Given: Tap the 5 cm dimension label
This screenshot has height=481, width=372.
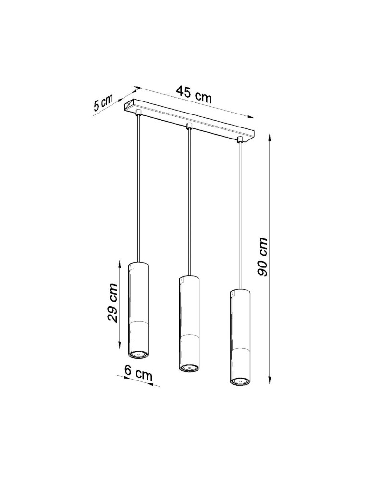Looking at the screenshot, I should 103,103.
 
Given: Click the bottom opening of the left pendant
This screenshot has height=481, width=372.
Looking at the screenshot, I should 138,354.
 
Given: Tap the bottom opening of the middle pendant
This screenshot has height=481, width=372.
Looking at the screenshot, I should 188,368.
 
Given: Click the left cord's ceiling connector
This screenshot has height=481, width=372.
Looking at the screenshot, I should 138,113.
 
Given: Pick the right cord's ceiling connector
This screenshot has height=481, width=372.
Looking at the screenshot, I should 239,139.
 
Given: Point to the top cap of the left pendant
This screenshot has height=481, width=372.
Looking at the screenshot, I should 138,264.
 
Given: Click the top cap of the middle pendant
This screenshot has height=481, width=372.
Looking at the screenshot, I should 189,278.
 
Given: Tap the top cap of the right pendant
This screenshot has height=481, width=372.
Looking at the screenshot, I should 239,291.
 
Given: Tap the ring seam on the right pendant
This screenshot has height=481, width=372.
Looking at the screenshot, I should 239,347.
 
